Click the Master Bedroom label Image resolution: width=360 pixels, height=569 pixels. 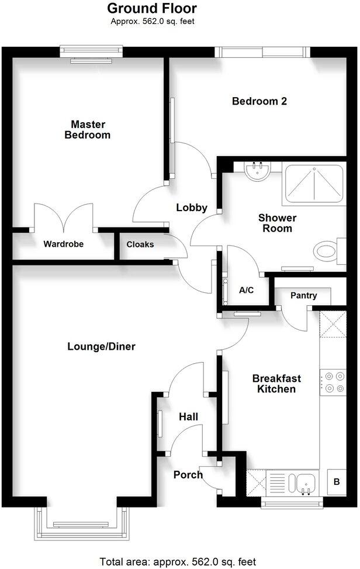tap(91, 129)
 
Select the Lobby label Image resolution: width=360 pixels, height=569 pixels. tap(192, 207)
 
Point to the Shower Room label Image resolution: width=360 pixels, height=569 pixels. tap(278, 223)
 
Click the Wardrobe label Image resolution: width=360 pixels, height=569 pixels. tap(64, 244)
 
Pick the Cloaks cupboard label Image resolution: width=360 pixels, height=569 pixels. tap(140, 244)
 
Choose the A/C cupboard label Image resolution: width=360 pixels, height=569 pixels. tap(246, 290)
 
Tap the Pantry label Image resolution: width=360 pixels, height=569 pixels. tap(303, 295)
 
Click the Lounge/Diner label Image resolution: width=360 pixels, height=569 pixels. tap(101, 347)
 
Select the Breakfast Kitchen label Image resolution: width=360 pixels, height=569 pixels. tap(276, 384)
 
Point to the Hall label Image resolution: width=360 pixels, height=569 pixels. tap(188, 417)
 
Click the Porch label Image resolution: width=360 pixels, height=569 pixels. tap(188, 474)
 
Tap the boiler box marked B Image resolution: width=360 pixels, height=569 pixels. tap(336, 482)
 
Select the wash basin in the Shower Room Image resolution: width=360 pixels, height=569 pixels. tap(257, 171)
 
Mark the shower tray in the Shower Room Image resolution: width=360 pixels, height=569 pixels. tap(314, 183)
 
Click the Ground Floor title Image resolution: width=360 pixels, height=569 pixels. tap(152, 9)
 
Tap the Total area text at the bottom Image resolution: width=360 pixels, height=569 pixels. tap(178, 561)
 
